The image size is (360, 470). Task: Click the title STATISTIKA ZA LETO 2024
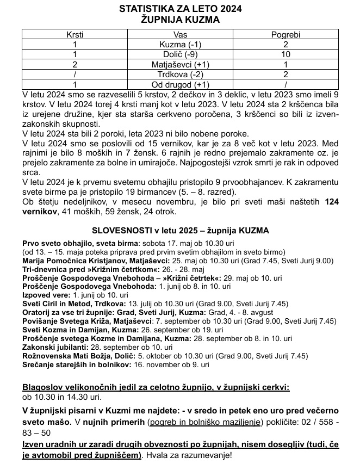tap(180, 9)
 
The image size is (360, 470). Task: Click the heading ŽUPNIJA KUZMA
tap(180, 20)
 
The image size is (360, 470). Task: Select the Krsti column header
tap(75, 34)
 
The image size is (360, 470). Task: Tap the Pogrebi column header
tap(285, 34)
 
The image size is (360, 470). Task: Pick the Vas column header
tap(180, 34)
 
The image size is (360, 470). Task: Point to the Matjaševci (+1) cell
tap(180, 64)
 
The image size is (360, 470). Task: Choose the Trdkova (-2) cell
tap(180, 74)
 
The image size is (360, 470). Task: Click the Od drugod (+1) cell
tap(180, 84)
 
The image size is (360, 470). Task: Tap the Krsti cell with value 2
tap(75, 64)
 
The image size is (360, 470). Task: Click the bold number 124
tap(332, 202)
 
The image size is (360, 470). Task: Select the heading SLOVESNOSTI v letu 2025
tap(180, 231)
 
